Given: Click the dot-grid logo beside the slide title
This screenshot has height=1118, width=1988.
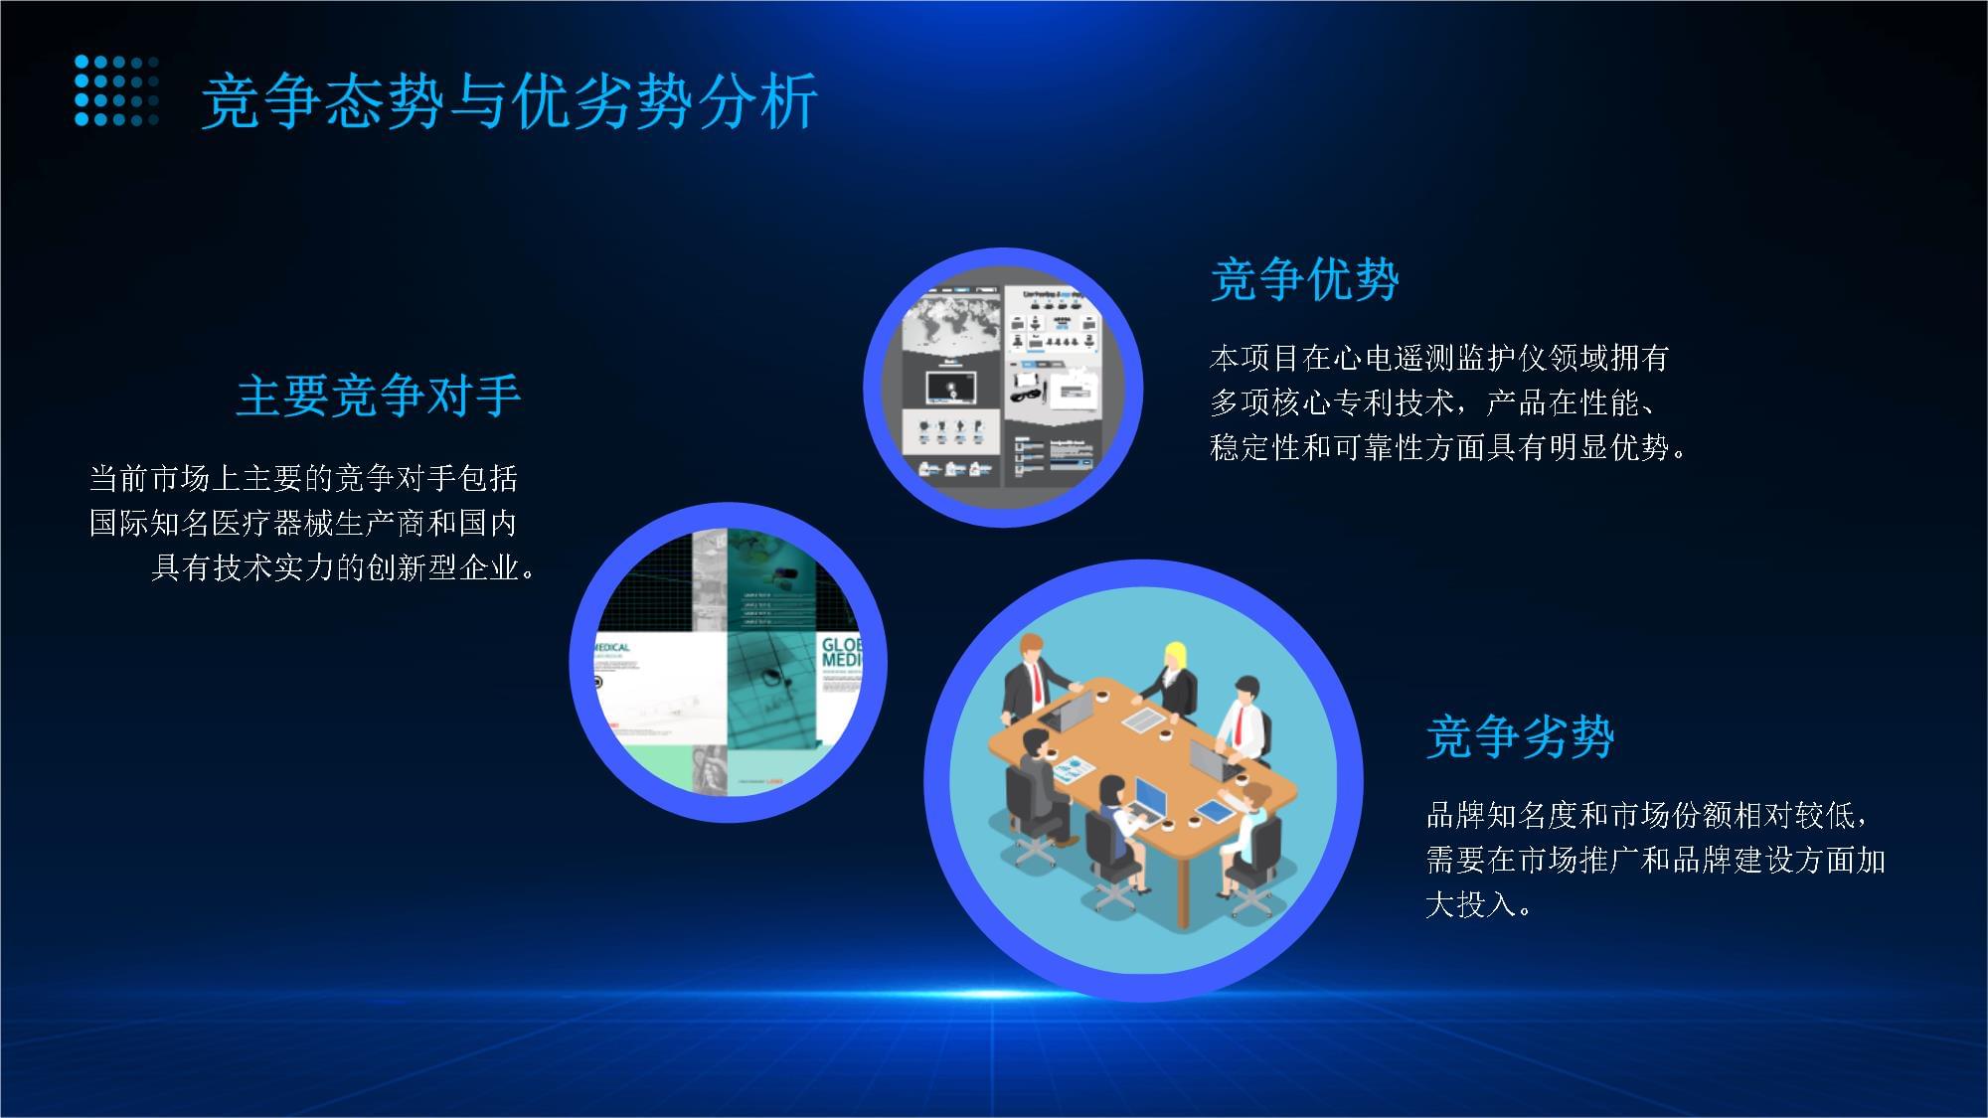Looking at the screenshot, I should (116, 90).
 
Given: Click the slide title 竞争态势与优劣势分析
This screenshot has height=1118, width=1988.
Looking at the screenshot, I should (509, 100).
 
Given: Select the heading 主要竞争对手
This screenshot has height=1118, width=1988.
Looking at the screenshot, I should (379, 396).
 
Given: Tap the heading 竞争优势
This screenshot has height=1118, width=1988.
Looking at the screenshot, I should (1304, 279).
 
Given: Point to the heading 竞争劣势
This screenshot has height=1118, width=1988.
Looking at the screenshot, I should (1520, 736).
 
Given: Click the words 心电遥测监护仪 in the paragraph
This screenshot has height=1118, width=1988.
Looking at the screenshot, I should (1440, 358).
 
